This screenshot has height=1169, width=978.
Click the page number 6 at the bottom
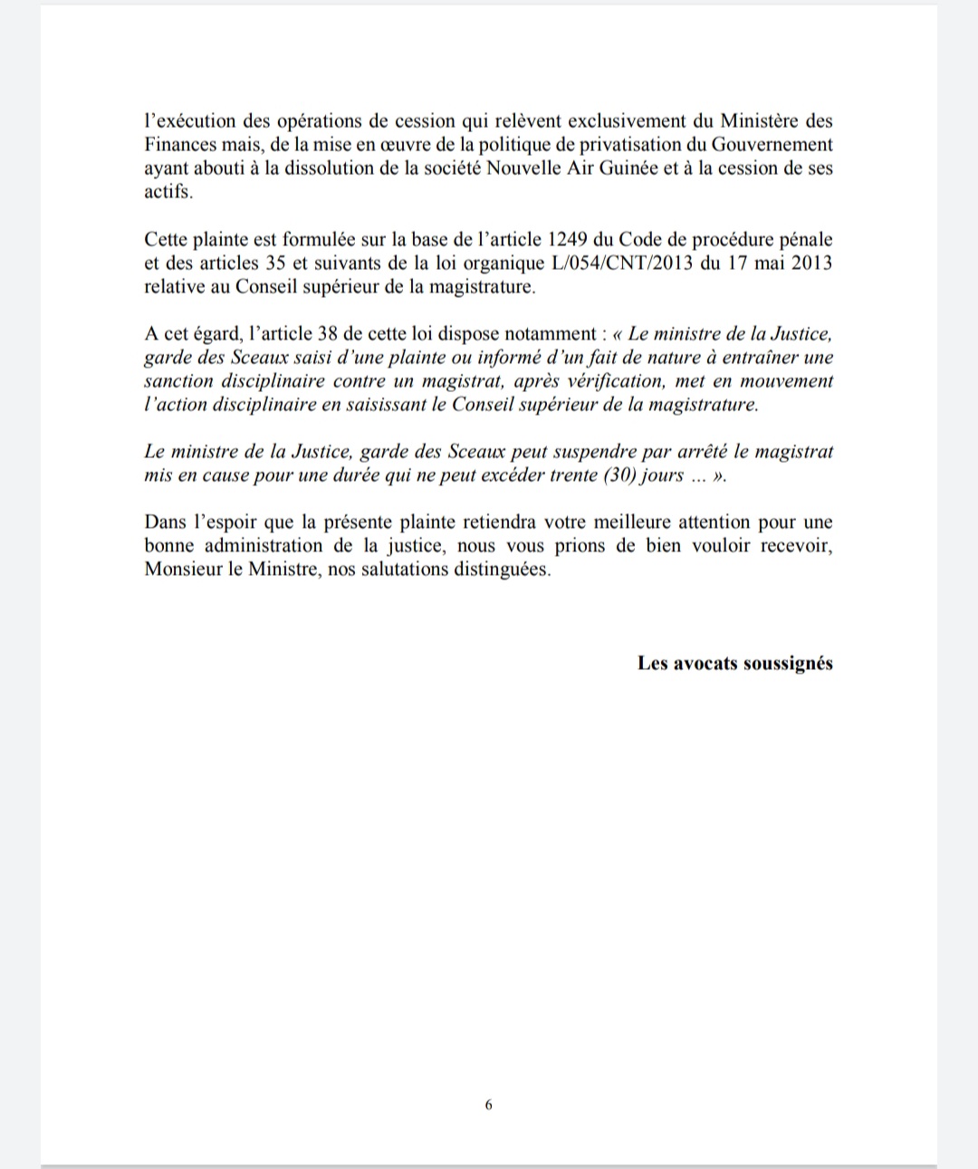[489, 1105]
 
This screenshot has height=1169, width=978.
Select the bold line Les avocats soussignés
[734, 663]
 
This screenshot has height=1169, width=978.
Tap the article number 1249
[570, 240]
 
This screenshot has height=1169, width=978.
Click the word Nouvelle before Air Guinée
[530, 168]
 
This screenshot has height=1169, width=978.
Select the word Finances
[177, 145]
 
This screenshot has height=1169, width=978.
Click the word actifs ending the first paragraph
[168, 192]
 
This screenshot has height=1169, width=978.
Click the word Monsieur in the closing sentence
[181, 570]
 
